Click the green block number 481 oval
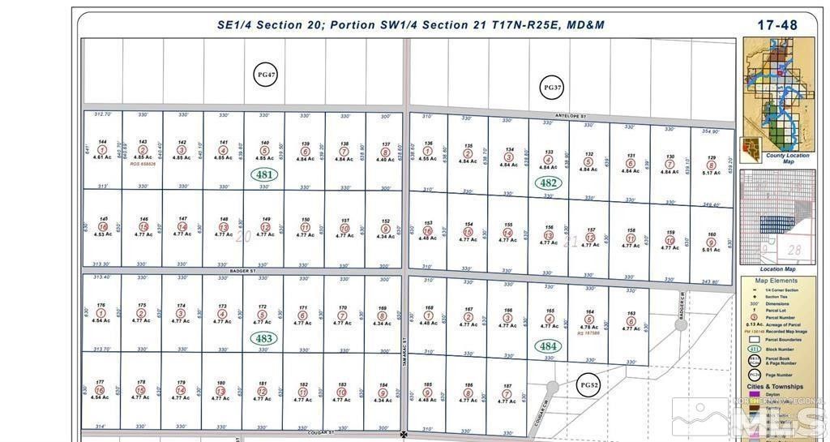pos(264,174)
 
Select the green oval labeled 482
pos(548,183)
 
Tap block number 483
pos(264,338)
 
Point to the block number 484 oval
pos(549,346)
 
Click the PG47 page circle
pos(266,75)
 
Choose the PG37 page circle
pos(552,87)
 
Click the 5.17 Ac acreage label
pos(711,173)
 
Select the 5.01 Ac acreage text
pos(711,250)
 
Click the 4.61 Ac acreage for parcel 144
pos(101,157)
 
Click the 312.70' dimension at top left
pos(102,115)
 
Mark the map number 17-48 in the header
pos(777,25)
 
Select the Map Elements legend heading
pos(777,281)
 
